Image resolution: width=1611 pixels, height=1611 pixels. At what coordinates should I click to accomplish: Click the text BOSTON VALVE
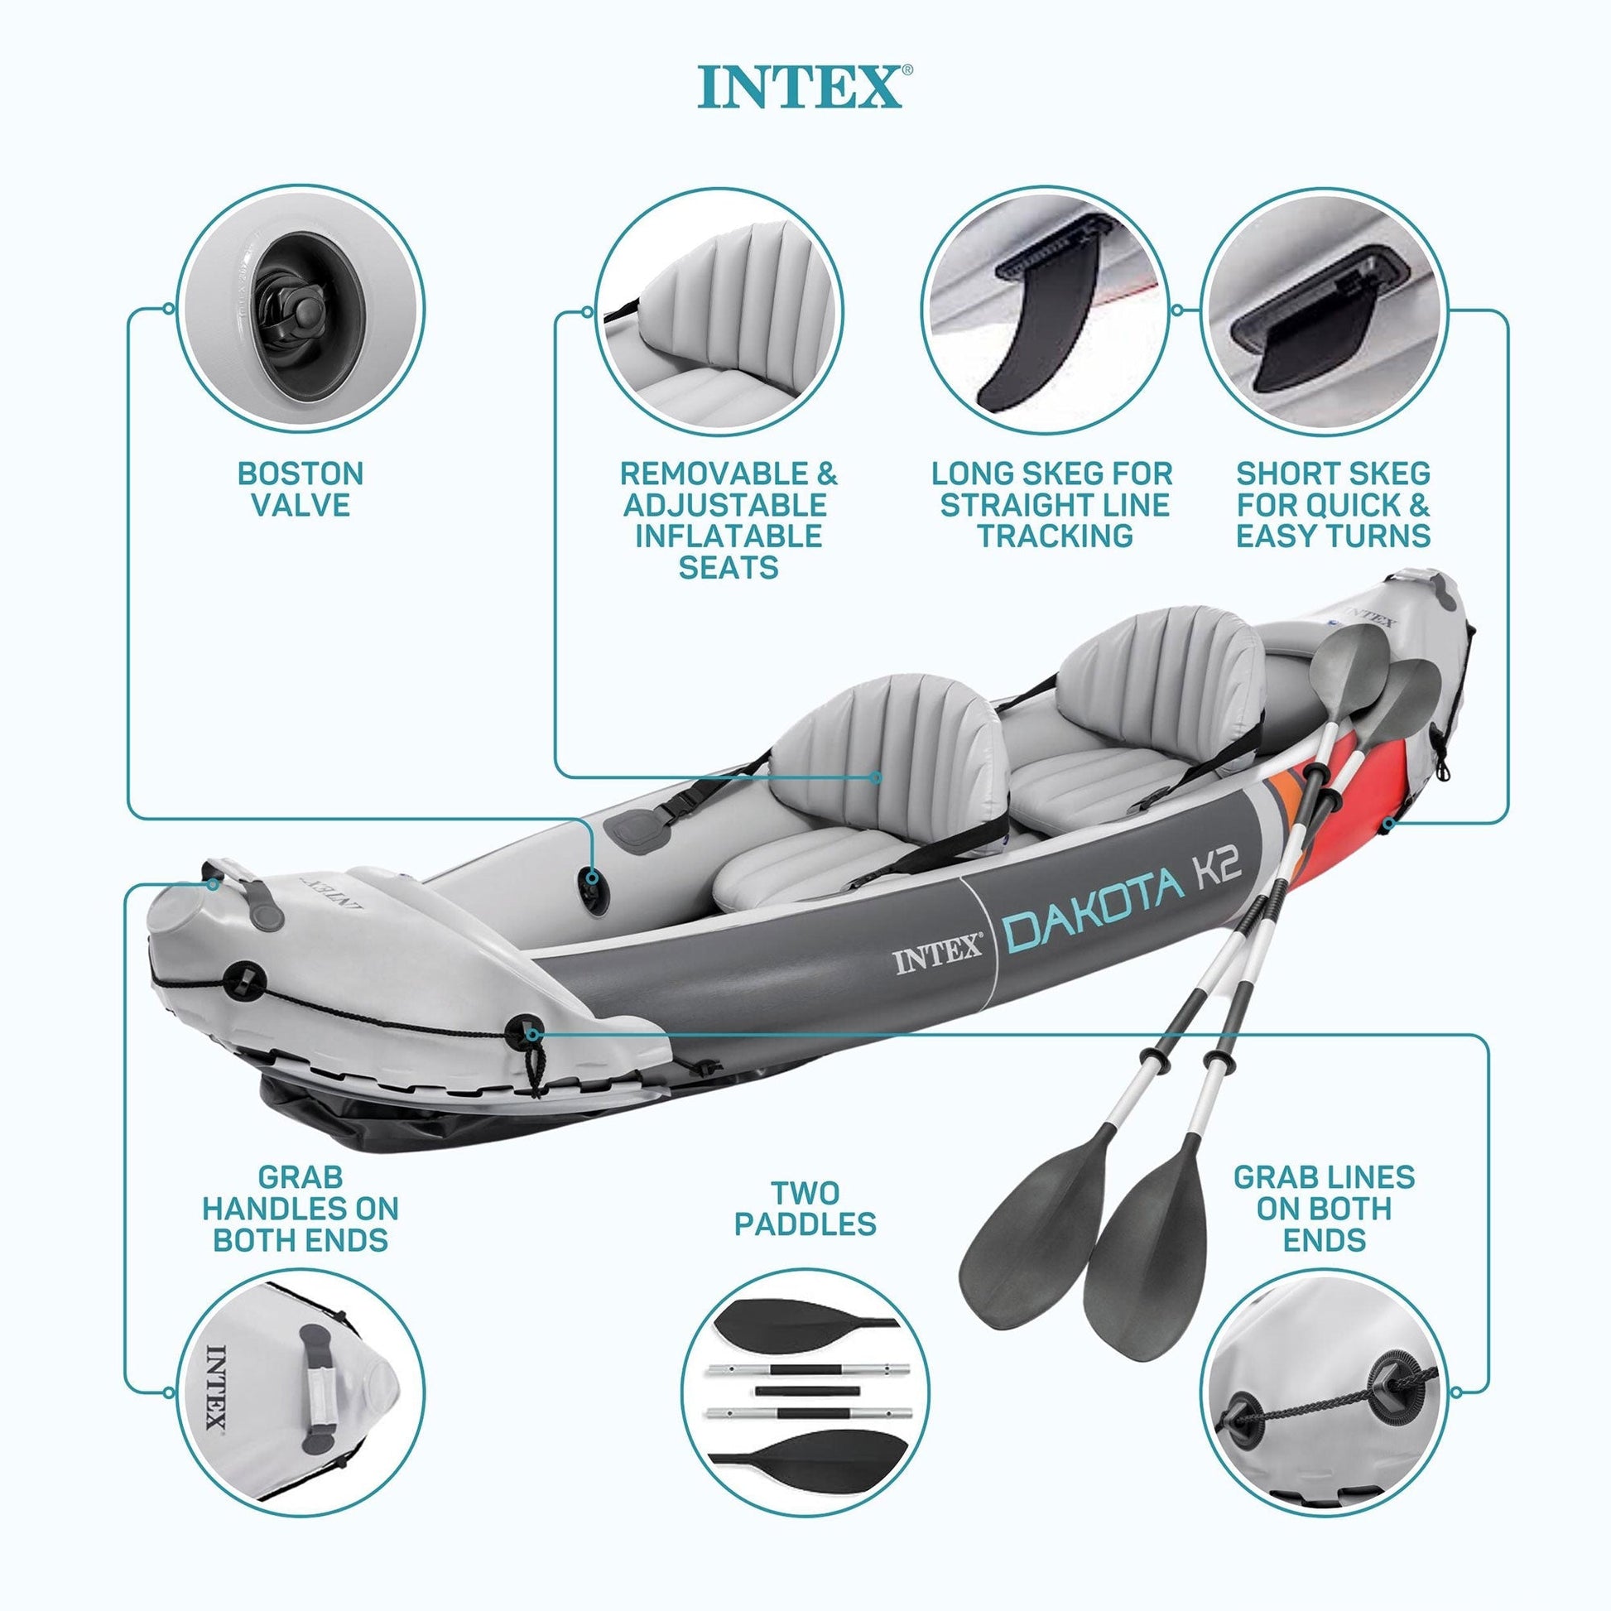[301, 488]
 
